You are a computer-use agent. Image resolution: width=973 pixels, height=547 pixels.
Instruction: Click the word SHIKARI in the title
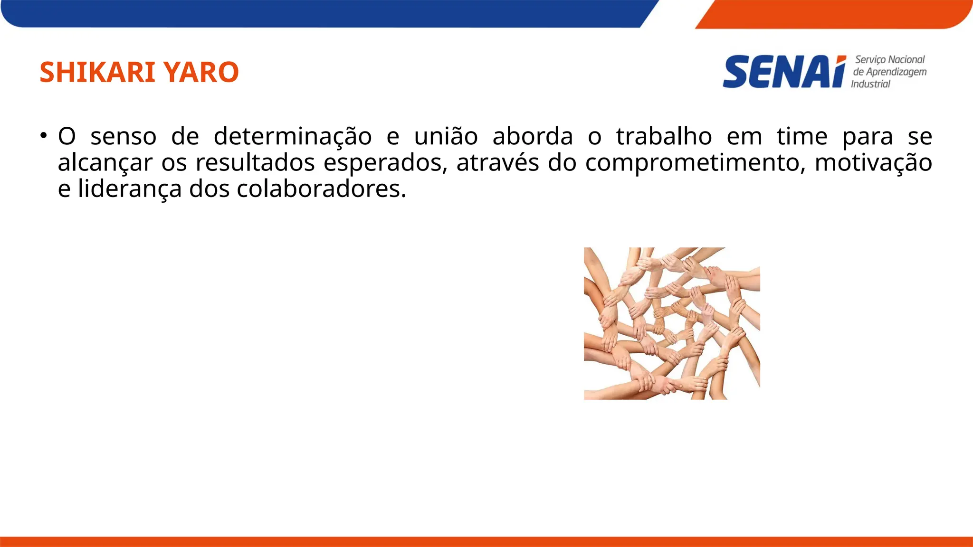97,72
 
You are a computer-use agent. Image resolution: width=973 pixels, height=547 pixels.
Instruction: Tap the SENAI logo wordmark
784,72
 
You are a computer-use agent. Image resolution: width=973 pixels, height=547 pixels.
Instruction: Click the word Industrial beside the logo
870,84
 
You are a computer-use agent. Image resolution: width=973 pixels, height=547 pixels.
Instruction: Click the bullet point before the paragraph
44,135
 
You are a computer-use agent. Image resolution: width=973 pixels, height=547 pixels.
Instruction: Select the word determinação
292,137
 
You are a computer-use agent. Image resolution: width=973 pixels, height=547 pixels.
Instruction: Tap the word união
446,137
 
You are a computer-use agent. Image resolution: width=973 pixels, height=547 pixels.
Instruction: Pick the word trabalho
664,137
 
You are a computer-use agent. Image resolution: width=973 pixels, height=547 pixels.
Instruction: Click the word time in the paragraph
802,137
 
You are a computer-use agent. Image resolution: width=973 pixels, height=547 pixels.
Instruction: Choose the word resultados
255,163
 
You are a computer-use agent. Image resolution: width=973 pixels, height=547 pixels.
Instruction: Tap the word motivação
873,163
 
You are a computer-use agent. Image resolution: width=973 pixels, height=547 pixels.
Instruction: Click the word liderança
130,189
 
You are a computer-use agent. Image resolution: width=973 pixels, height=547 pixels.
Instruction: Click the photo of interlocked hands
672,323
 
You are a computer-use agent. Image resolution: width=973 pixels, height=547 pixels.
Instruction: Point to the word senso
124,137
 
